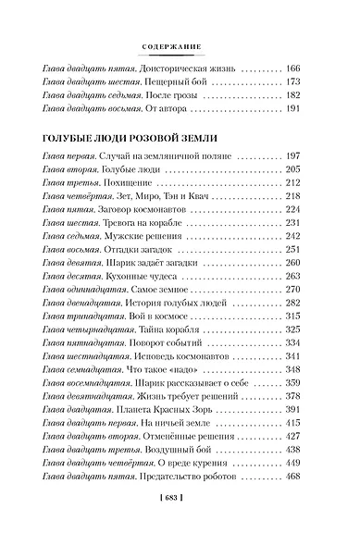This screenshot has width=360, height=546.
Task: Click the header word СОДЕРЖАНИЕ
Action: [x=180, y=44]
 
